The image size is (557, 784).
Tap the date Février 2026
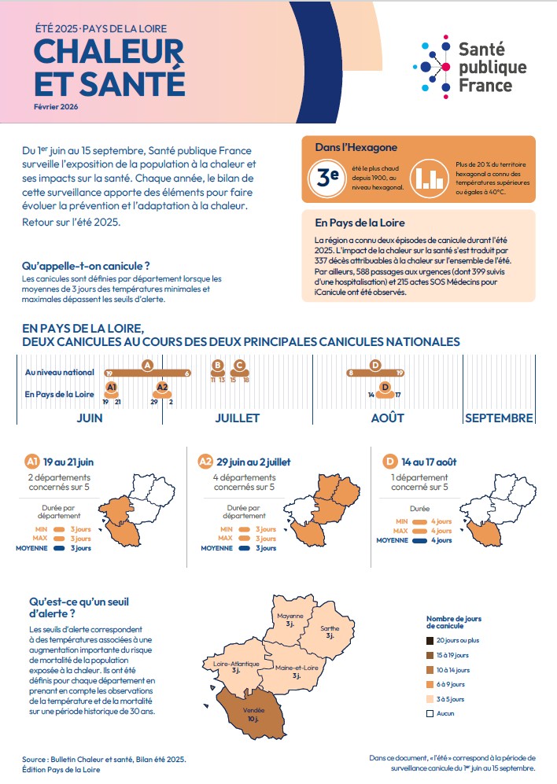pos(56,106)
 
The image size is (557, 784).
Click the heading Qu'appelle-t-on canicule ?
pos(86,267)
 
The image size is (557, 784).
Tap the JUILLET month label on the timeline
pos(238,418)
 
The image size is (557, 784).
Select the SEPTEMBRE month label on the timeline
pos(499,418)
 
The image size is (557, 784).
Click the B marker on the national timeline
pos(218,366)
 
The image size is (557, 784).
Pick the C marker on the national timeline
pos(240,366)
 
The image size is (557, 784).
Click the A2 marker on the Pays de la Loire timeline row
pos(162,388)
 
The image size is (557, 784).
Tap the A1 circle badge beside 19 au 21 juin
pos(32,462)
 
